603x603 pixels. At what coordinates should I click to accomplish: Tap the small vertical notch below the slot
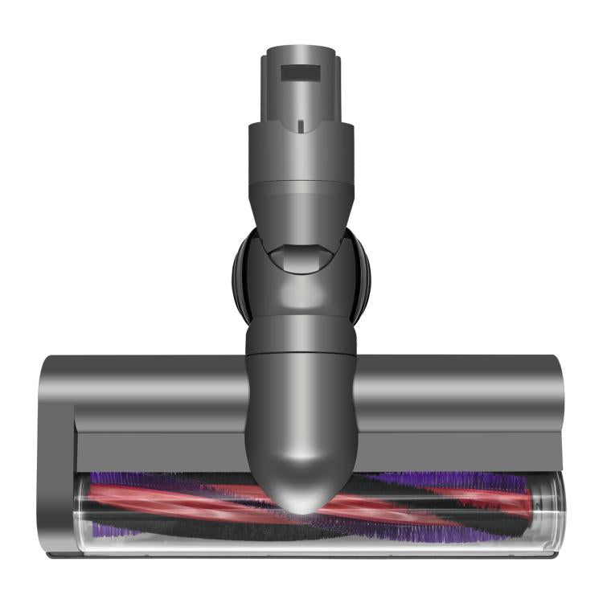coord(299,125)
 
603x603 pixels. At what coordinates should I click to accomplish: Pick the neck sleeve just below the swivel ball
coord(300,336)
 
